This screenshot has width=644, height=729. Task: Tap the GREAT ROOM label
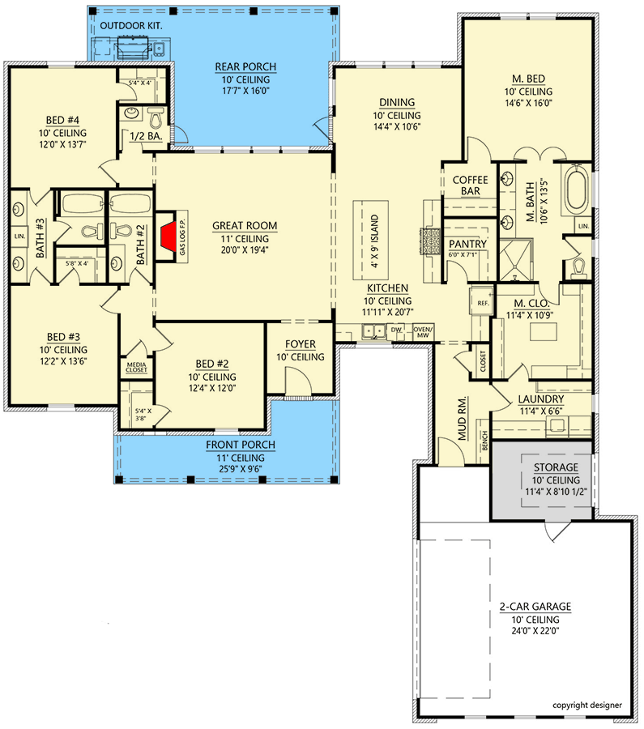(245, 226)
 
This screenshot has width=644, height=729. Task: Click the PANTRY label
(467, 244)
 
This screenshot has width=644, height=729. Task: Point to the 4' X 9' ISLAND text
(374, 241)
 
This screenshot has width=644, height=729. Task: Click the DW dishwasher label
(395, 330)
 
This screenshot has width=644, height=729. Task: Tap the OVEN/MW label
(423, 332)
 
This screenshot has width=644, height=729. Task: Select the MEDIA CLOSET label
(136, 367)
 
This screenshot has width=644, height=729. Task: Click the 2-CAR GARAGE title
(535, 607)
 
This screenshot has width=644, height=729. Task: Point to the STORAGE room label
(556, 467)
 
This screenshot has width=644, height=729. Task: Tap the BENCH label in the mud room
(484, 441)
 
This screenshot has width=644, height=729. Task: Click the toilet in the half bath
(156, 118)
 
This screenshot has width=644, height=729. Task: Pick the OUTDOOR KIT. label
(131, 26)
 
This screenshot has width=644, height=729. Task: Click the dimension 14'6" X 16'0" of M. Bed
(529, 103)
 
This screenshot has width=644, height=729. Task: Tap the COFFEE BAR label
(470, 185)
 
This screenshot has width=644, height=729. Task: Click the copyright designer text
(586, 706)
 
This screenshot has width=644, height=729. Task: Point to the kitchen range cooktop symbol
(430, 241)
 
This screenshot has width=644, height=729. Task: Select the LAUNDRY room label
(541, 399)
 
